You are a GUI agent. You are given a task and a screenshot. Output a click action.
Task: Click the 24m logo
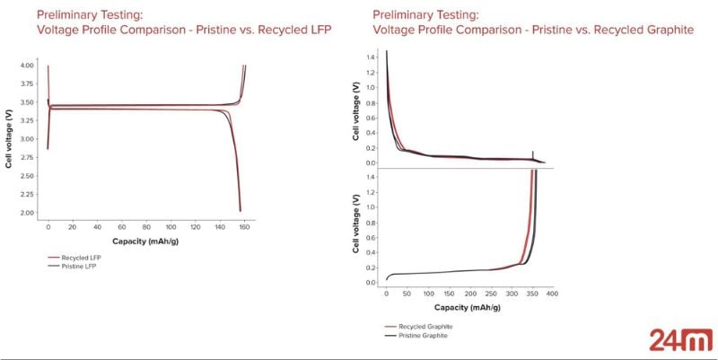pos(672,339)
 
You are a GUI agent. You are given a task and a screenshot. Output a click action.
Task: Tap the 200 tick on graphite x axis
pos(469,293)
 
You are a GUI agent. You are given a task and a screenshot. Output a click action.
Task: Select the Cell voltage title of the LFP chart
pos(9,139)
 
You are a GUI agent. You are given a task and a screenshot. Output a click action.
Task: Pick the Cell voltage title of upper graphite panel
pos(358,108)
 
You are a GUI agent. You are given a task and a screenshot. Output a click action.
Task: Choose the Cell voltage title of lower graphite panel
pos(358,226)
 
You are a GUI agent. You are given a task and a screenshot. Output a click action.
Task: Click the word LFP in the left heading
pos(318,30)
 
